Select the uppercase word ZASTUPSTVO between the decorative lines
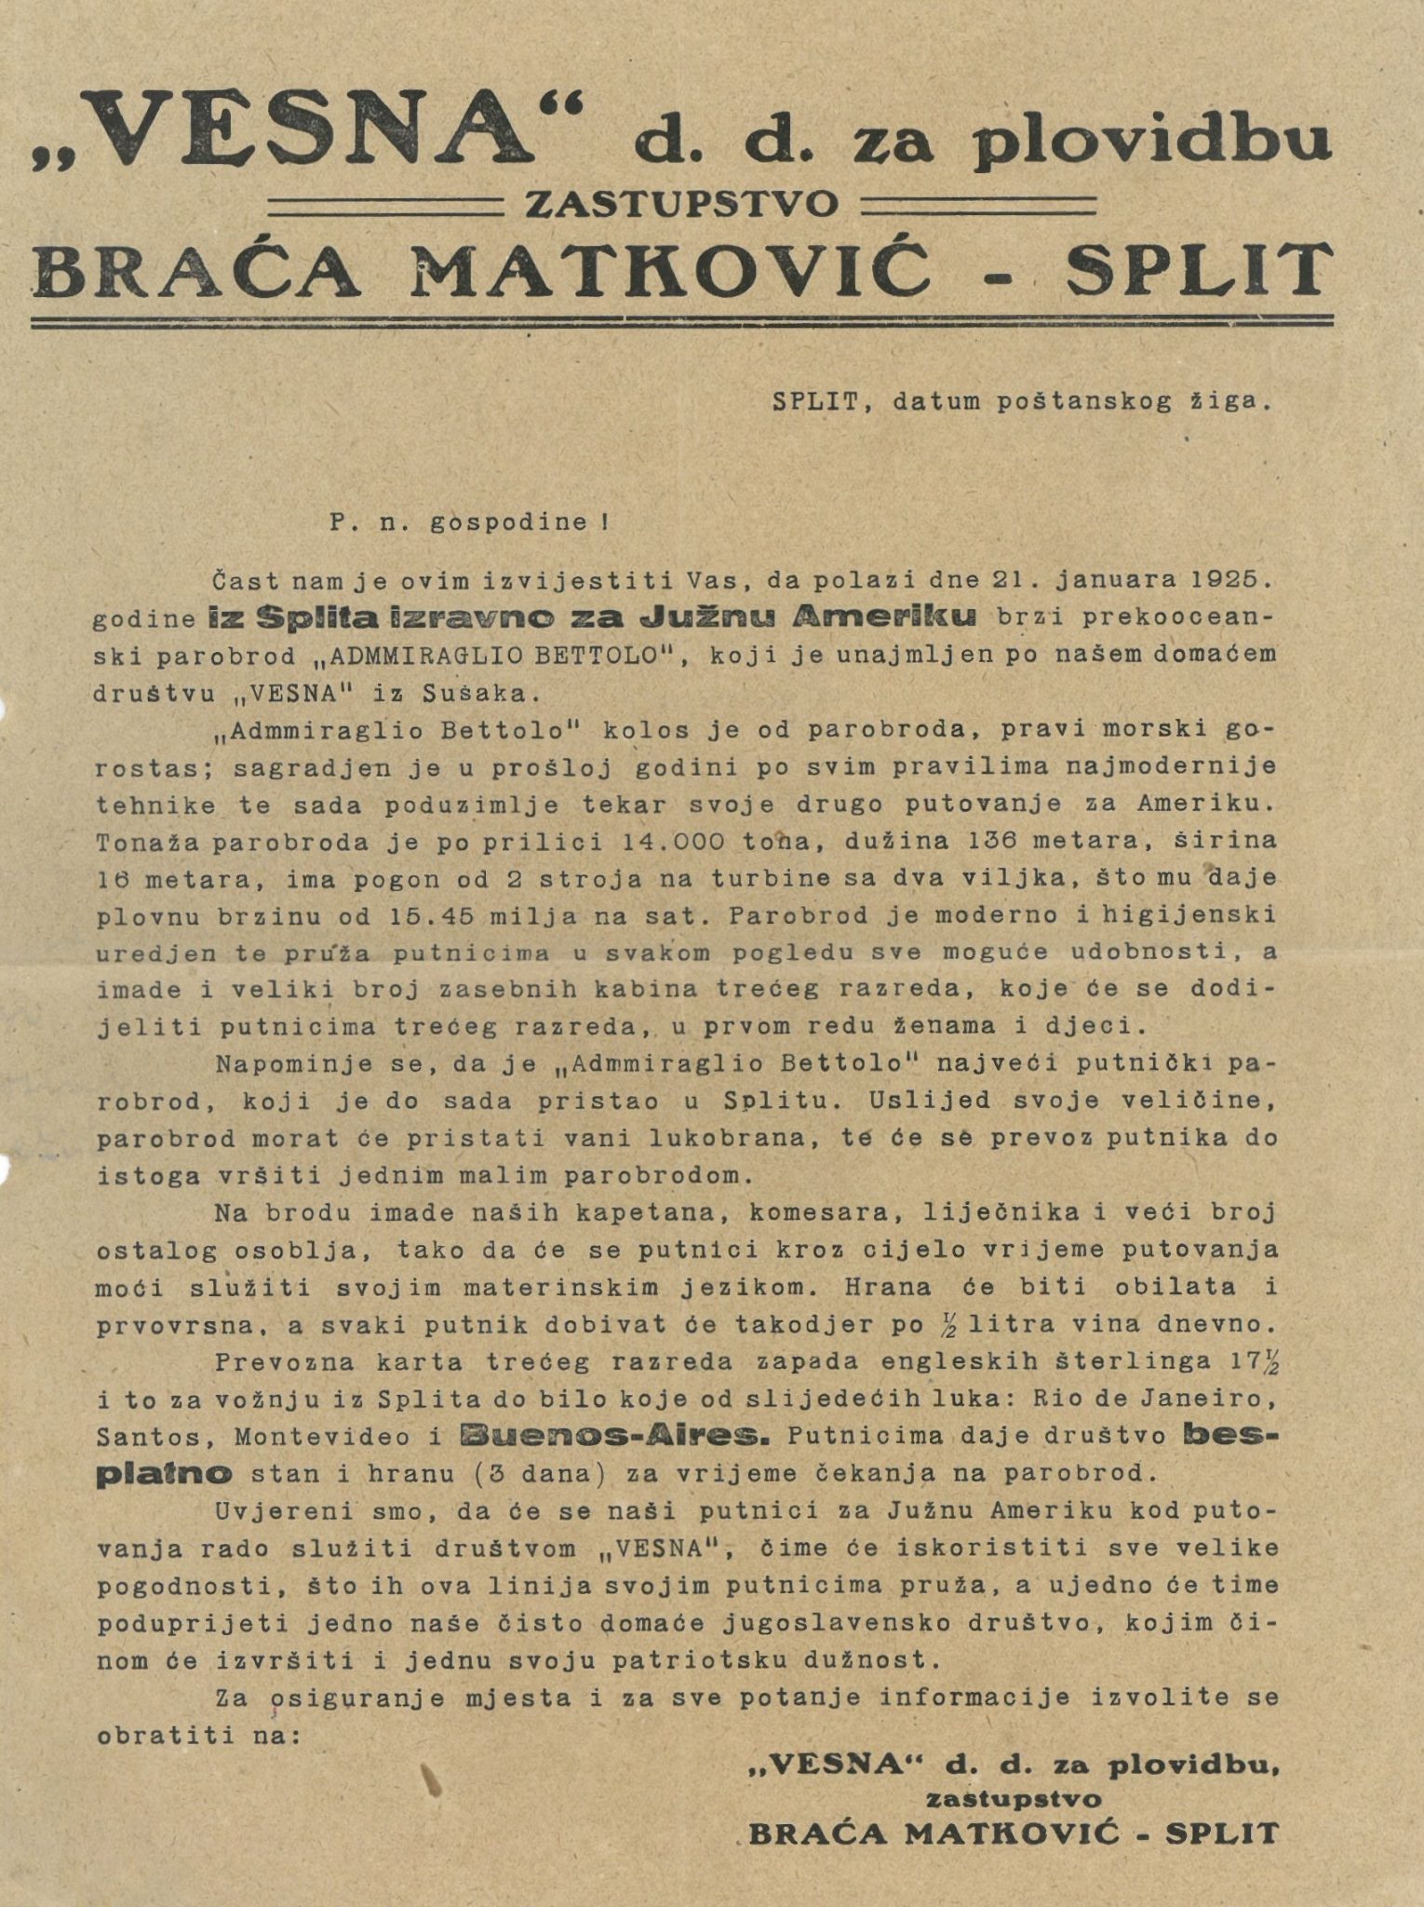click(x=682, y=204)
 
